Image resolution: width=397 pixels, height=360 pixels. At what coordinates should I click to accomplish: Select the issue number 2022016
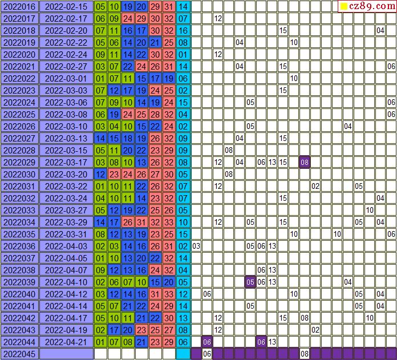point(19,7)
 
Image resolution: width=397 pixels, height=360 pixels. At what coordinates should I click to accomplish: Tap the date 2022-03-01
point(66,78)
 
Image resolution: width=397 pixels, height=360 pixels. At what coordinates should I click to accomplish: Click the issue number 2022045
point(19,354)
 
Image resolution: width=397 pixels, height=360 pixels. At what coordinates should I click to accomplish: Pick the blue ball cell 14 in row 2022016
point(183,7)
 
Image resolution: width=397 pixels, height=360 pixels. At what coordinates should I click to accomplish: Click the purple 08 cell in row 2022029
point(305,162)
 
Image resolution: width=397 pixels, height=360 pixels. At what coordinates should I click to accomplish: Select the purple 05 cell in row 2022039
point(250,282)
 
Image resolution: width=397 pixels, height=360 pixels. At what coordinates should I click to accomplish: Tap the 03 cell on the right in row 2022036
point(196,246)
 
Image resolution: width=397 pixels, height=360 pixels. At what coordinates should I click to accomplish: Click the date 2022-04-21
point(66,342)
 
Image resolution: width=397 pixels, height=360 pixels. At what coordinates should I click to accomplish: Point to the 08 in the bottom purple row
point(305,354)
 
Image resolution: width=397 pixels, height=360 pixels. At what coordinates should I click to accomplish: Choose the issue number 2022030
point(19,174)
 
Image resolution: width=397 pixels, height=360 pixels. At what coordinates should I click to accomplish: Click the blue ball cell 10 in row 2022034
point(183,222)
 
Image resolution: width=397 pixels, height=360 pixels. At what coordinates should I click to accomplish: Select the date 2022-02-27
point(66,66)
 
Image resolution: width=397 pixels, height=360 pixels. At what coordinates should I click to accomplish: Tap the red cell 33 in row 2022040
point(169,294)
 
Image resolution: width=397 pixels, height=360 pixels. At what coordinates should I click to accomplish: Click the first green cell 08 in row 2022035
point(100,234)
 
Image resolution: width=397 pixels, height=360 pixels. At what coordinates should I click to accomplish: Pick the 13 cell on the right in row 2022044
point(272,342)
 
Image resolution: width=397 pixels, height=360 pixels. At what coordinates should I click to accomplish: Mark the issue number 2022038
point(19,270)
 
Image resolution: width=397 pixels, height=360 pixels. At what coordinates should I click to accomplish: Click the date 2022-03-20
point(66,174)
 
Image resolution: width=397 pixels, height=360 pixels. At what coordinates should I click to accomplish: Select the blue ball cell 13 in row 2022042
point(183,318)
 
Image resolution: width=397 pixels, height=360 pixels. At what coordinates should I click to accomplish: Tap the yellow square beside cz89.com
point(344,7)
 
